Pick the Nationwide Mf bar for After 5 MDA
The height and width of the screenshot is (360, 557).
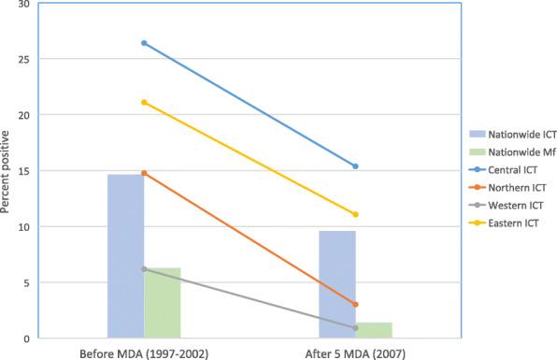pyautogui.click(x=374, y=329)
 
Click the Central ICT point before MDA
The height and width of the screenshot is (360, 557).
pyautogui.click(x=144, y=43)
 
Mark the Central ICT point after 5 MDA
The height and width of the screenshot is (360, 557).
pyautogui.click(x=356, y=166)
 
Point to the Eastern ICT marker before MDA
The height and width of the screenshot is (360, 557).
pyautogui.click(x=144, y=102)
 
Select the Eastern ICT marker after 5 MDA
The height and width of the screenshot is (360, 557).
pyautogui.click(x=356, y=214)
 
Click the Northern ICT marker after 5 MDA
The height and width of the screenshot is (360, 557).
pyautogui.click(x=356, y=304)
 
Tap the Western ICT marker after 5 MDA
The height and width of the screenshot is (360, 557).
pyautogui.click(x=356, y=327)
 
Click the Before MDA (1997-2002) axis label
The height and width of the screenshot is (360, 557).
pyautogui.click(x=143, y=352)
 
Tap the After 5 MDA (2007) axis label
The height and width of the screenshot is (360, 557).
pyautogui.click(x=355, y=352)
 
